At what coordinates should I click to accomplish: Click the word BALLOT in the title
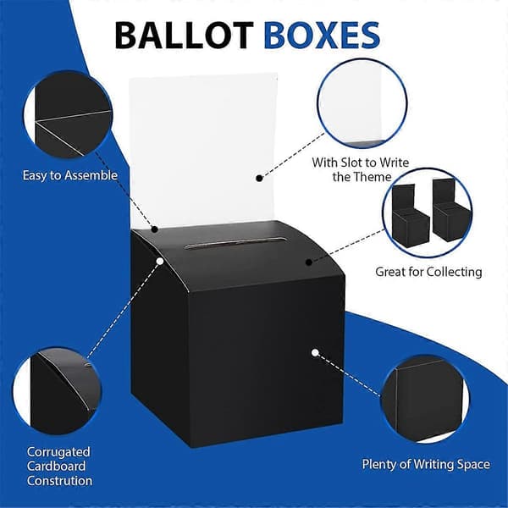coord(184,36)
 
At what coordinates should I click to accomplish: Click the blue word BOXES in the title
coord(322,36)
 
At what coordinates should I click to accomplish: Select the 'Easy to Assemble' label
coord(70,175)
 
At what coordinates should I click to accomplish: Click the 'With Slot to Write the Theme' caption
coord(361,169)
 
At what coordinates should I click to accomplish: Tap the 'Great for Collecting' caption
coord(428,272)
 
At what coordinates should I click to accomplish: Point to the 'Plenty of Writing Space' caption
coord(426,464)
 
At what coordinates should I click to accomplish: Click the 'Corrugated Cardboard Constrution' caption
coord(59,466)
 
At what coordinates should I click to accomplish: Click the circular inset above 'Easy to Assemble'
coord(68,114)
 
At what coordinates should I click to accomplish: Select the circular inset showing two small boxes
coord(427,213)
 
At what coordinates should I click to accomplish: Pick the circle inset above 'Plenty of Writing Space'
coord(425,399)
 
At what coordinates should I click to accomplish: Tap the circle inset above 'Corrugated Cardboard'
coord(57,391)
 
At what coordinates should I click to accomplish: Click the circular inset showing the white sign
coord(362,103)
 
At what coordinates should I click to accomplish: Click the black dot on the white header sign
coord(259,178)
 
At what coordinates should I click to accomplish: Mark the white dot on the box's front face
coord(315,352)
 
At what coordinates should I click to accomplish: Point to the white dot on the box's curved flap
coord(160,261)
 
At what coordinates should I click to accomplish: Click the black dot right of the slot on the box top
coord(309,262)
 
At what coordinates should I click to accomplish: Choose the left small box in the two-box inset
coord(409,216)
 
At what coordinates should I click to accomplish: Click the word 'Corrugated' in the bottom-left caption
coord(58,452)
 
